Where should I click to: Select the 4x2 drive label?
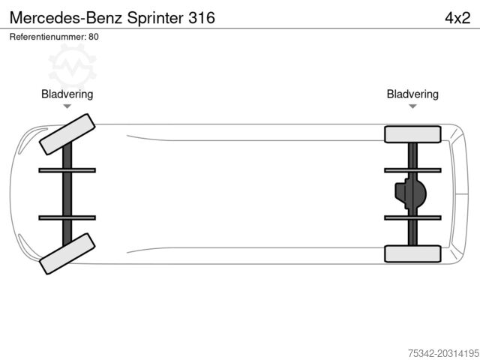pos(457,17)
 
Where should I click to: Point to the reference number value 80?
pos(94,36)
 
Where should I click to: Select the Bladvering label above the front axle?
pos(67,94)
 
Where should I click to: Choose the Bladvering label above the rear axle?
pos(412,94)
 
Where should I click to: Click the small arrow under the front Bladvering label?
pos(67,107)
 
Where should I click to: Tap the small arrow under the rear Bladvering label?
pos(412,107)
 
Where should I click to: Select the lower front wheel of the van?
pos(67,253)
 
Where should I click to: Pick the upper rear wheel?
pos(412,134)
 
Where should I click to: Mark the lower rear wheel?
pos(412,253)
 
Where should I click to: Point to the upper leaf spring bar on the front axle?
pos(67,170)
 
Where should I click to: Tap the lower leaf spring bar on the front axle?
pos(67,217)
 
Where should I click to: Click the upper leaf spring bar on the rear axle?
pos(412,170)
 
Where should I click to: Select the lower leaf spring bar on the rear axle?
pos(412,217)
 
